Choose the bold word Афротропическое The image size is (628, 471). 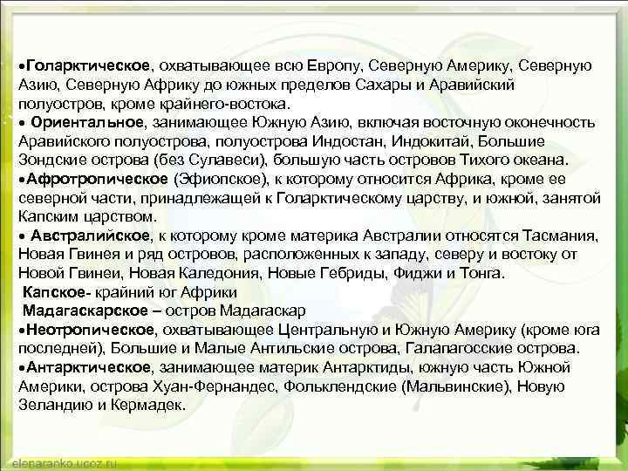tap(99, 179)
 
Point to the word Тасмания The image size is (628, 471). tap(556, 235)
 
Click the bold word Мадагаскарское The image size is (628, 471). tap(84, 311)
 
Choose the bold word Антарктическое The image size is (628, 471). tap(88, 368)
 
